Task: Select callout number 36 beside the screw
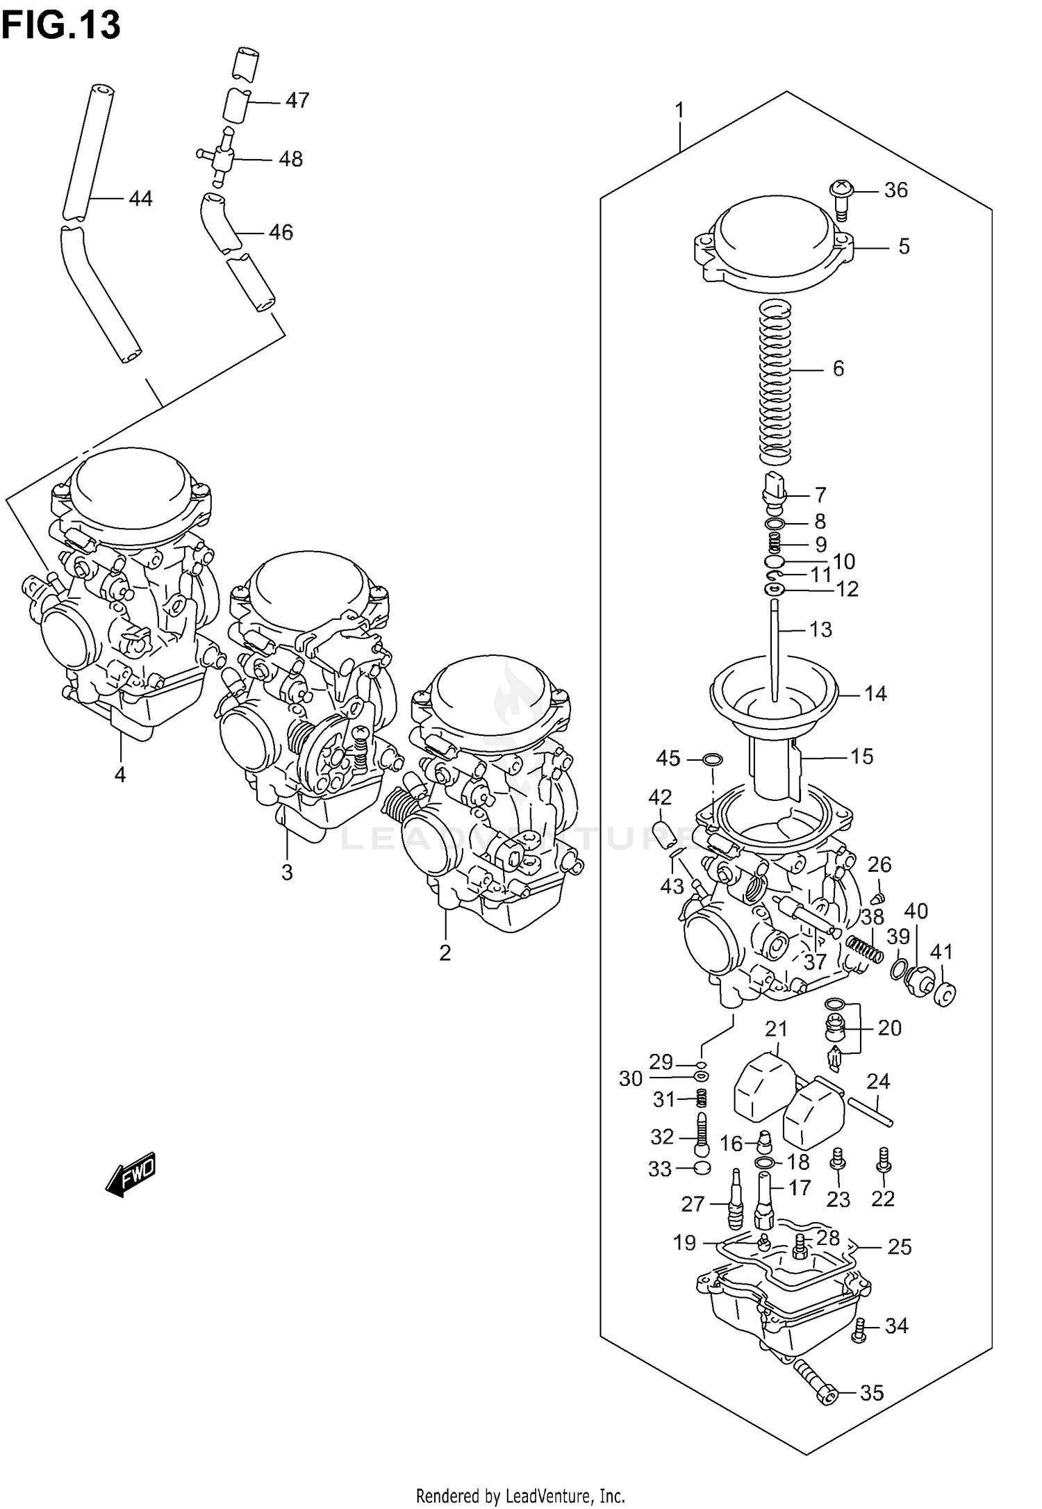tap(896, 190)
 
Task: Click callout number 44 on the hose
tap(140, 199)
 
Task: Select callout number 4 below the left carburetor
tap(120, 774)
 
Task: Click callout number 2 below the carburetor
tap(445, 952)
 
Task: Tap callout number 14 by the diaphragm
tap(875, 693)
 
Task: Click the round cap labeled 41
tap(945, 996)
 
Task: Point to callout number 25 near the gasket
tap(899, 1247)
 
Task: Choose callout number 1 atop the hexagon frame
tap(679, 110)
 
